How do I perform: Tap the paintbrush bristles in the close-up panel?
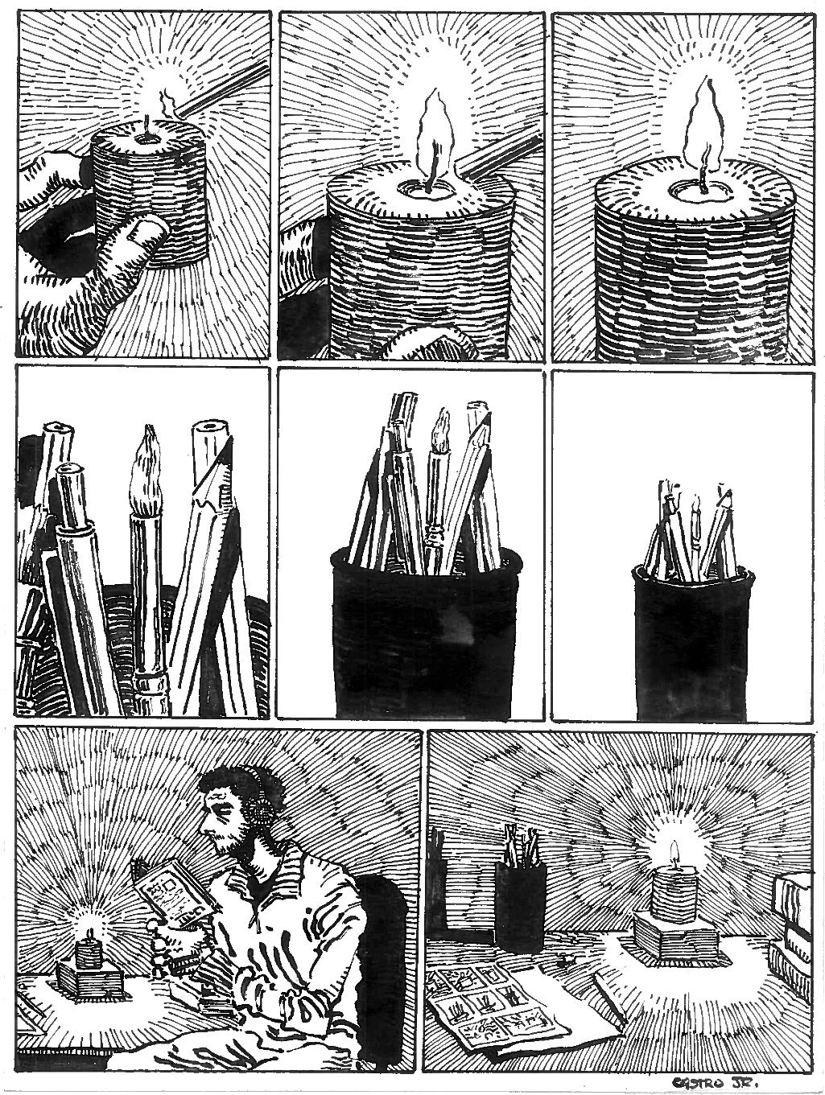pyautogui.click(x=146, y=469)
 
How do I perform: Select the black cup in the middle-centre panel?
pyautogui.click(x=426, y=632)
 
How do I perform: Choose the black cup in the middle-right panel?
pyautogui.click(x=694, y=644)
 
